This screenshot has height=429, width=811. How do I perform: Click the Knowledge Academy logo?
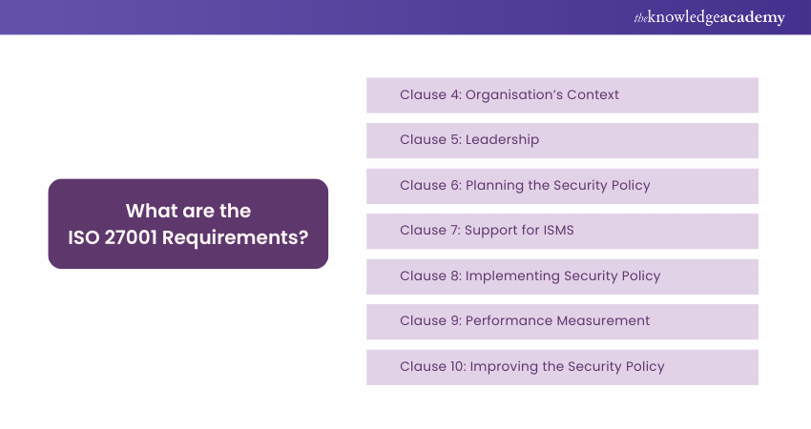(709, 17)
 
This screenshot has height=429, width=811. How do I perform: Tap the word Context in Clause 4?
(593, 94)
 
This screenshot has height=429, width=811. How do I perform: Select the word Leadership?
(502, 140)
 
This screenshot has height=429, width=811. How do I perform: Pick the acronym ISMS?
(558, 230)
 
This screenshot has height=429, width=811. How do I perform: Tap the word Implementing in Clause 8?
(512, 276)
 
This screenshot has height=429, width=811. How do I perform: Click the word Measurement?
(604, 320)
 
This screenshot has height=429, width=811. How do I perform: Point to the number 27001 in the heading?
(131, 237)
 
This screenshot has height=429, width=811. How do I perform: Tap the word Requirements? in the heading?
(236, 238)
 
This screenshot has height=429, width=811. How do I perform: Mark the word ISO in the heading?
(83, 237)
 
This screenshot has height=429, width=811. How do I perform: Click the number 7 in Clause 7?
(454, 230)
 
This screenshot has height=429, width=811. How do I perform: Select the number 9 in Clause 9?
(455, 320)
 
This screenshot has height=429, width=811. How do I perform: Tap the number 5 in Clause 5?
(455, 139)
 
